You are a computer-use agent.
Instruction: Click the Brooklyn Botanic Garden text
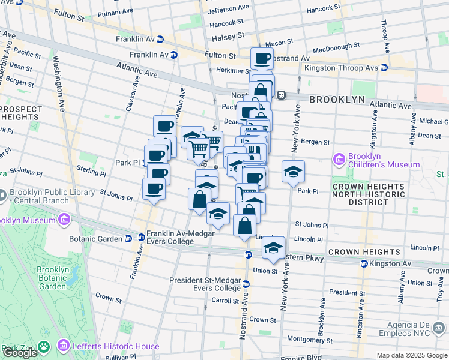coord(51,278)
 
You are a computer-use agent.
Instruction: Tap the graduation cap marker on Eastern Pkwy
coord(274,247)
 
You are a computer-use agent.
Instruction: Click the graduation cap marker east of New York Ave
coord(293,172)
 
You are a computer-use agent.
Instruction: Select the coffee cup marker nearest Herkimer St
coord(262,59)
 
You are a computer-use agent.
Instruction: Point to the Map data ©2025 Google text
coord(412,355)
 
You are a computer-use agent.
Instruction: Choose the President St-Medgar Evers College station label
coord(205,284)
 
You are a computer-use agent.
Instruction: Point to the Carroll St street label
coord(224,300)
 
